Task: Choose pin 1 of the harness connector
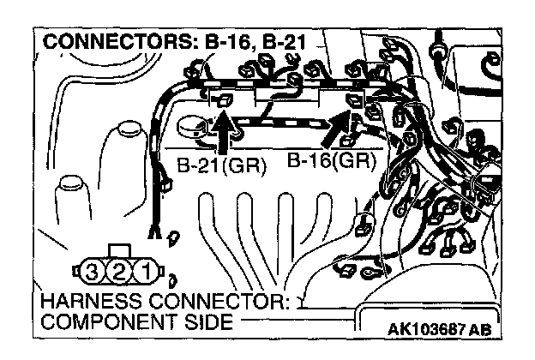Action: pyautogui.click(x=147, y=273)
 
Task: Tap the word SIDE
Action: pyautogui.click(x=207, y=322)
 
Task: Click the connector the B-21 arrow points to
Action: pyautogui.click(x=224, y=102)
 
